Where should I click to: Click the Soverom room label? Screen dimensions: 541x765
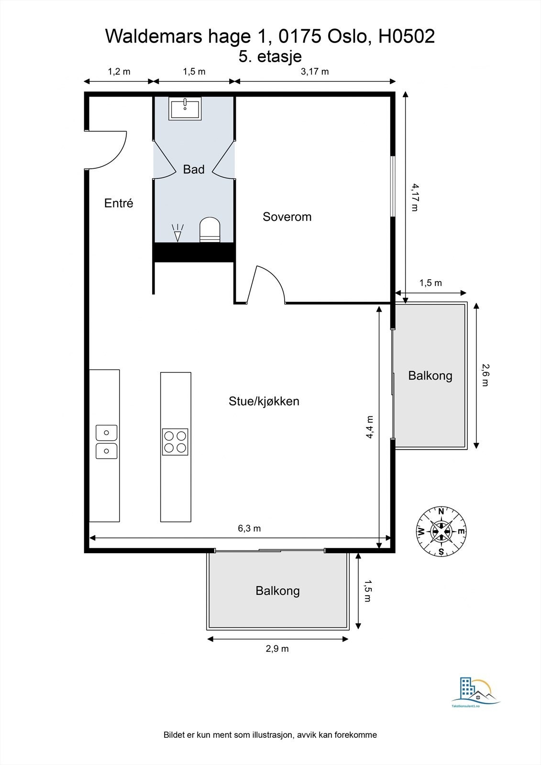click(x=287, y=217)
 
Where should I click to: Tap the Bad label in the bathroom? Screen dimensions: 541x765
click(x=194, y=169)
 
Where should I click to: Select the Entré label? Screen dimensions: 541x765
click(x=119, y=203)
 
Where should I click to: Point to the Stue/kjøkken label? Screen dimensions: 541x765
click(x=264, y=401)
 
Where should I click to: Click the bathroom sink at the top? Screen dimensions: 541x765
click(x=185, y=108)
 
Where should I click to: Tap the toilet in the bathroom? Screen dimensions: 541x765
click(x=210, y=229)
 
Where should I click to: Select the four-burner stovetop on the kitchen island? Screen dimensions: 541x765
click(x=175, y=442)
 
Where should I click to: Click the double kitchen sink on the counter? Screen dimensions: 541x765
click(x=107, y=442)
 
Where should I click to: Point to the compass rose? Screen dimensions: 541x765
click(x=441, y=531)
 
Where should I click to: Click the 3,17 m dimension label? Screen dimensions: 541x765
click(x=315, y=72)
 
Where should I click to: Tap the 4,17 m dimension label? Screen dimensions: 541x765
click(x=415, y=197)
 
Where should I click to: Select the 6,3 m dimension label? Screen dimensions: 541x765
click(x=249, y=528)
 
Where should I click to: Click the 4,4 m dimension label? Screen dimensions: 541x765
click(x=370, y=427)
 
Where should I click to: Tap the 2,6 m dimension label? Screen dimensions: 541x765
click(x=486, y=375)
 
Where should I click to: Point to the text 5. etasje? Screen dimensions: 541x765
click(x=270, y=56)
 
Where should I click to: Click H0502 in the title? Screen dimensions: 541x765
click(x=407, y=36)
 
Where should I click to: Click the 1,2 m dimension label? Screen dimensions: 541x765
click(x=119, y=72)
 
